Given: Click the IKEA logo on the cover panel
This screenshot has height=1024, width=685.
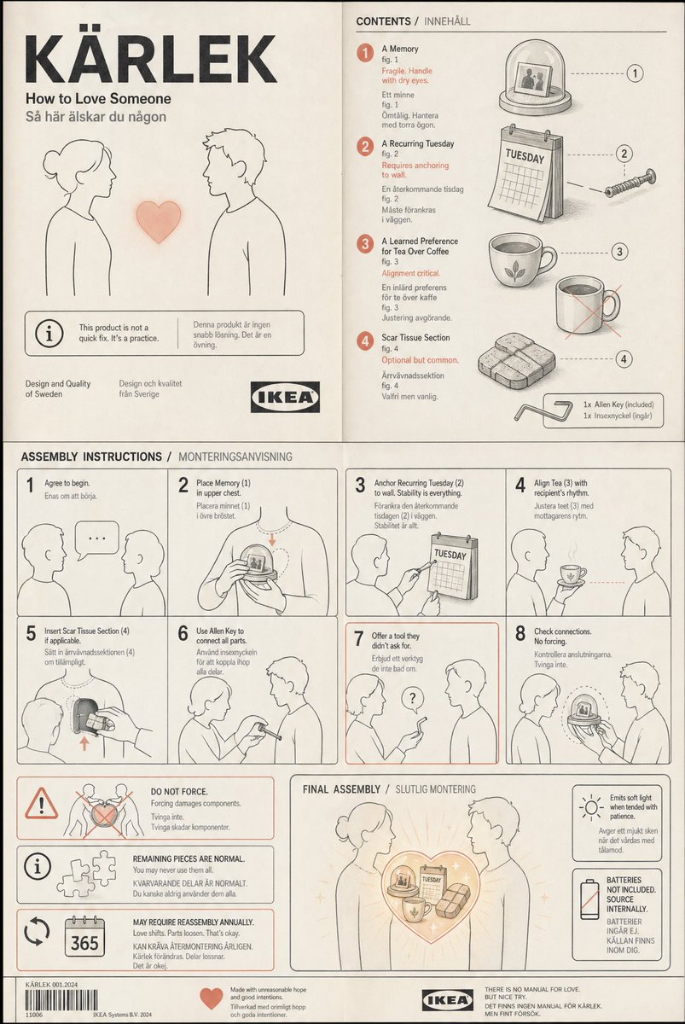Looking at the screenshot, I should click(285, 397).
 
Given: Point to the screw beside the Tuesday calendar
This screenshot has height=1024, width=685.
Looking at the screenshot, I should click(630, 181).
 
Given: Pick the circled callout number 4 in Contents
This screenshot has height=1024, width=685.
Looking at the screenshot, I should click(624, 359).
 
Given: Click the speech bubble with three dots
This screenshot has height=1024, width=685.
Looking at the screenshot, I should click(96, 539).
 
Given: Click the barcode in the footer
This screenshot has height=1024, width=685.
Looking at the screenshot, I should click(53, 1000).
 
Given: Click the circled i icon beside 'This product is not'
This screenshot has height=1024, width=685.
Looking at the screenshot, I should click(49, 334).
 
